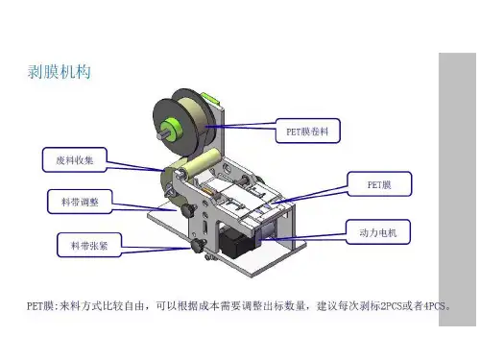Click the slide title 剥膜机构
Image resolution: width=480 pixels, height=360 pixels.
[x=60, y=72]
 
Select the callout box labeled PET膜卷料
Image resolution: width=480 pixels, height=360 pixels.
[x=307, y=131]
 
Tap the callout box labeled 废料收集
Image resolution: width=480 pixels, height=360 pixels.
[x=74, y=159]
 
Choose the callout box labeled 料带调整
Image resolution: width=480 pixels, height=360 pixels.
[x=80, y=202]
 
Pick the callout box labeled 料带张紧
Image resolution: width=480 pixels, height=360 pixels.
[x=89, y=245]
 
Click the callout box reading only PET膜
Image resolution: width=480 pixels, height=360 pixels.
[x=379, y=184]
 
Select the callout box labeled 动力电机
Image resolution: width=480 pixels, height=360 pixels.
[x=378, y=232]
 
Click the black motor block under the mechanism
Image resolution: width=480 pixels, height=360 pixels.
[x=233, y=243]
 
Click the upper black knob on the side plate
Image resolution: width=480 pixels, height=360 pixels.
[x=187, y=209]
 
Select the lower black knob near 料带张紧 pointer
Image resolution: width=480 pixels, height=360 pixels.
[x=199, y=246]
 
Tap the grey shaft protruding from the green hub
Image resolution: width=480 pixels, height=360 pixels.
[x=161, y=135]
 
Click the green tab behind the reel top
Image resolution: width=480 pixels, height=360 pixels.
[x=210, y=97]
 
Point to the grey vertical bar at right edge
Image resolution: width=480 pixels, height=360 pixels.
[x=457, y=189]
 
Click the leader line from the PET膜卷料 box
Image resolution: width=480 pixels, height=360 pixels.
[x=240, y=126]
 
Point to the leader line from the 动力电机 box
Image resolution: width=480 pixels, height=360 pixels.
[x=303, y=237]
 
